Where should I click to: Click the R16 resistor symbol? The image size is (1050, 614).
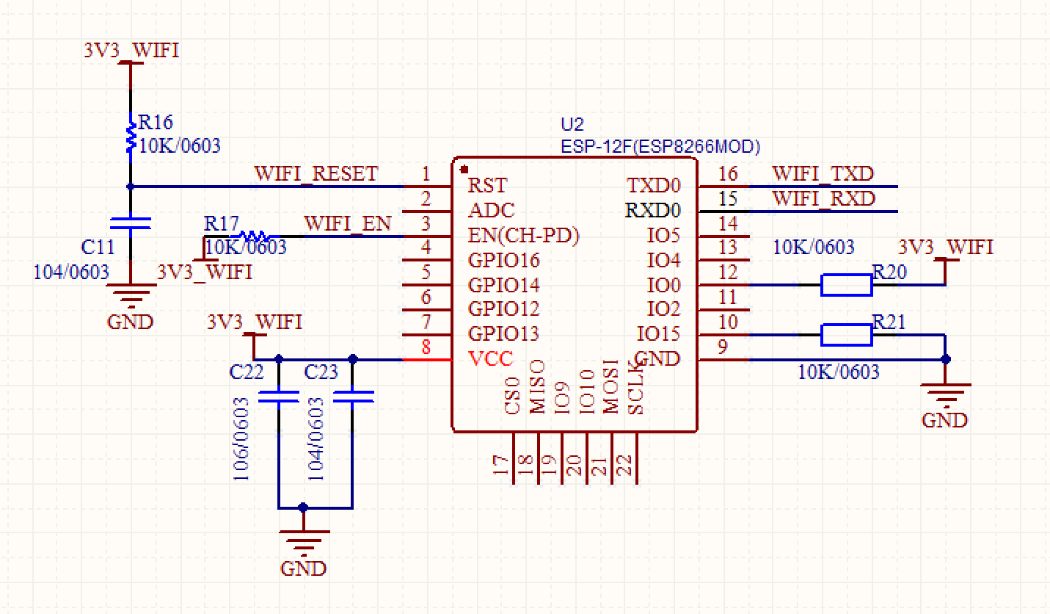pos(131,137)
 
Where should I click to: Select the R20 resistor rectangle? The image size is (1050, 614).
pos(846,285)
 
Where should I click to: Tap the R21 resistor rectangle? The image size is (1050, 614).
pos(846,335)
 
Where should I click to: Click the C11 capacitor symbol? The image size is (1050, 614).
pos(131,223)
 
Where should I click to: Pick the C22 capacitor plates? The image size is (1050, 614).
pos(278,397)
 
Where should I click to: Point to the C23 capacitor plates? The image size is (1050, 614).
pos(353,397)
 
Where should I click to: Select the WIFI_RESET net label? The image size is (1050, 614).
pos(316,174)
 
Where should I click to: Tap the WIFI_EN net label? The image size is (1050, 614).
pos(348,223)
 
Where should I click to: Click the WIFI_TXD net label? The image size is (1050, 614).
pos(823,174)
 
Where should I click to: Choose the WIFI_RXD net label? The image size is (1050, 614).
pos(823,199)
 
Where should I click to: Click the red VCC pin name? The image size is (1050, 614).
pos(491,358)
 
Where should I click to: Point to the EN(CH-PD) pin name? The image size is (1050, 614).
pos(524,236)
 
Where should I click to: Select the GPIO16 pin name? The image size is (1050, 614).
pos(503,260)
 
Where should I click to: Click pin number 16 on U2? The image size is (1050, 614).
pos(727,174)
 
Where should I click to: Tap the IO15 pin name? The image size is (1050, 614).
pos(658,334)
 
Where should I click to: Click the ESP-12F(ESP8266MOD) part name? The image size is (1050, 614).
pos(660,146)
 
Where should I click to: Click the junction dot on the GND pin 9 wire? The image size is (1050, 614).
pos(945,359)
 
